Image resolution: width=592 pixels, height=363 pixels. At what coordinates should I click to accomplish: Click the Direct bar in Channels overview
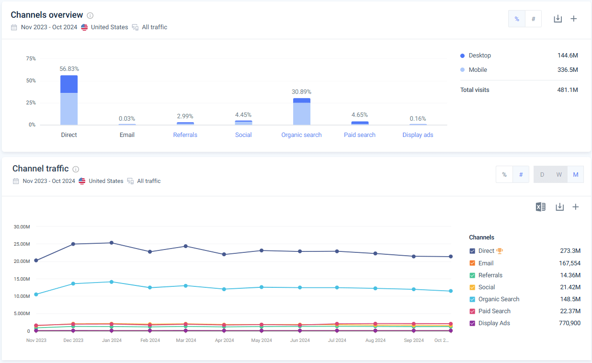(69, 101)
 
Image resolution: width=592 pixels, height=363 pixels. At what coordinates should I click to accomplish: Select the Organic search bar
(302, 113)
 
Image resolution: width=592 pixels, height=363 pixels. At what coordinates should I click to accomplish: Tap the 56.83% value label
(69, 69)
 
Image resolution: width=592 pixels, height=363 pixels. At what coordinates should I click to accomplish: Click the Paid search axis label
(360, 135)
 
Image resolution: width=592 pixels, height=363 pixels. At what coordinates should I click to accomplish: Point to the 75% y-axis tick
(31, 58)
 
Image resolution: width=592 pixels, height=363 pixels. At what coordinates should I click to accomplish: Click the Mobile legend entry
(478, 70)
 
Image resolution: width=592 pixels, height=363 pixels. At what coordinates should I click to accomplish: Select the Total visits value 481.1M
(568, 90)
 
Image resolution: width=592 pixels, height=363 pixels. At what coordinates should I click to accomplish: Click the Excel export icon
(540, 207)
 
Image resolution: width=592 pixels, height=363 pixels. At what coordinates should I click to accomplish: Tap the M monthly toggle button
(575, 175)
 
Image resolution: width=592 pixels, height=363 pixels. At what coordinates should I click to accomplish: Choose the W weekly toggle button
(559, 175)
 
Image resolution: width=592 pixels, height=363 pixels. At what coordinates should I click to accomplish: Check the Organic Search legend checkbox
(472, 299)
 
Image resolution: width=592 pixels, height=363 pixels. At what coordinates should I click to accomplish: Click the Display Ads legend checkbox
(472, 323)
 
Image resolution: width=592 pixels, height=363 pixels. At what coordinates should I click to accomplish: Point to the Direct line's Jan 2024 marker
(112, 243)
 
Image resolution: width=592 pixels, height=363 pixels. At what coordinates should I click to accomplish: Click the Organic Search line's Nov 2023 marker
(36, 294)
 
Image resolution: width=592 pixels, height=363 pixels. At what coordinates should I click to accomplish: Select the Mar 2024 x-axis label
(186, 340)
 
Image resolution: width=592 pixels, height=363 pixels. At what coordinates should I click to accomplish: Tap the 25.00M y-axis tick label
(22, 244)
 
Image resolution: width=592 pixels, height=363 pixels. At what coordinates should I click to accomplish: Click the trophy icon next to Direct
(500, 250)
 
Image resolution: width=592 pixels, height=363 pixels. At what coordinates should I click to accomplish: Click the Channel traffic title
(40, 169)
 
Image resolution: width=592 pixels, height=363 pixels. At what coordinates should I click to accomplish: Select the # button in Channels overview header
(533, 19)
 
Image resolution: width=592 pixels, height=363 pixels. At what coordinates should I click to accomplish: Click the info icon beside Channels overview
(90, 15)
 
